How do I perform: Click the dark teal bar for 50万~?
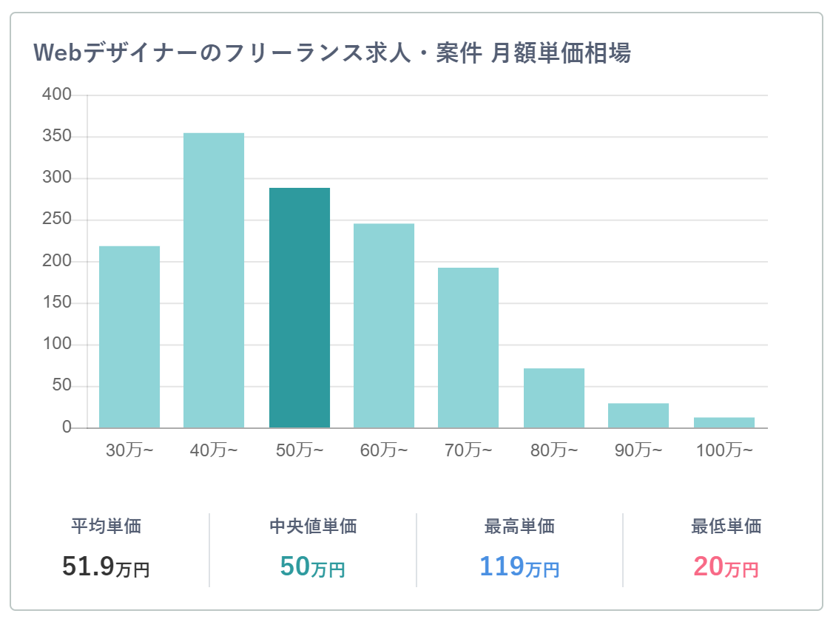pos(300,308)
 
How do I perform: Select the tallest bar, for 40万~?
pos(214,280)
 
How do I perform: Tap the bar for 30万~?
pos(129,336)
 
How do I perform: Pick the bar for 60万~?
pos(384,325)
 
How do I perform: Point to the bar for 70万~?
pos(468,348)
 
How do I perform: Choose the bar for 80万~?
pos(554,398)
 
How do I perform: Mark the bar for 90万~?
pos(638,415)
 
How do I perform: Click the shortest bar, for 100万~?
pos(724,422)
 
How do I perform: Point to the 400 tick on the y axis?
pos(57,95)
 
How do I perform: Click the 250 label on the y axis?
pos(57,219)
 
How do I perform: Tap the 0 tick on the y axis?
pos(67,427)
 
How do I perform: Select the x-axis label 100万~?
pos(725,450)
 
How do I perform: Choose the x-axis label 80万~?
pos(554,450)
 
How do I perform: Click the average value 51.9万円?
pos(106,566)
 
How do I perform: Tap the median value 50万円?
pos(312,566)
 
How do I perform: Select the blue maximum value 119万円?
pos(519,566)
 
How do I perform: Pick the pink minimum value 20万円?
pos(726,566)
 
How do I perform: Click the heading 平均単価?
pos(107,526)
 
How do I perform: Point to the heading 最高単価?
pos(519,526)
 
